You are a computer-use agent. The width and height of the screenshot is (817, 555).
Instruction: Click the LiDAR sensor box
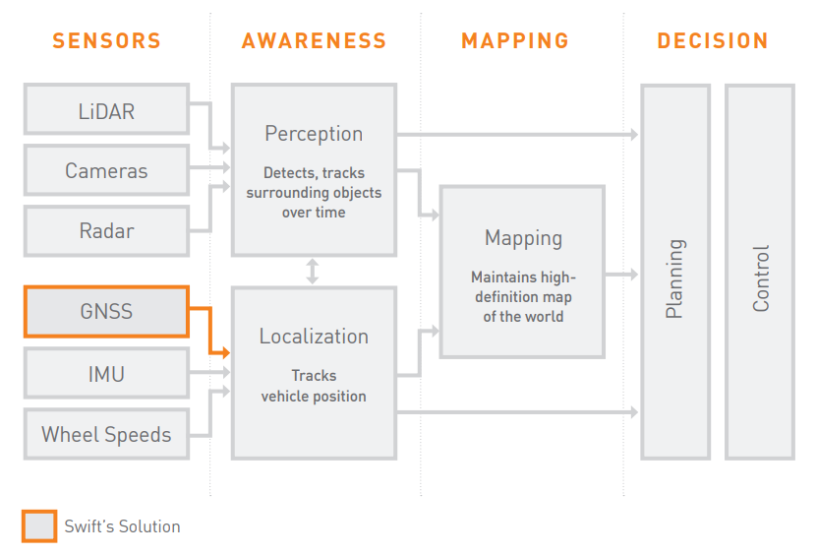click(x=106, y=110)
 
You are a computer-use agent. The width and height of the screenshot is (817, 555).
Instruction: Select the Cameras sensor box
click(x=106, y=170)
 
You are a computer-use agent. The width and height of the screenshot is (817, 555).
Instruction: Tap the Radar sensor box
click(x=106, y=231)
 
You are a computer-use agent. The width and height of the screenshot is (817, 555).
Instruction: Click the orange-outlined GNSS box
click(x=106, y=312)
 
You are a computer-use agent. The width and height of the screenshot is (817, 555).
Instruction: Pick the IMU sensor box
click(x=106, y=374)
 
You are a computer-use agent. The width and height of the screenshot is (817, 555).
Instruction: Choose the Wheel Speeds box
click(x=106, y=434)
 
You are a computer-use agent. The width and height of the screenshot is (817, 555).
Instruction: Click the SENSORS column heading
click(x=106, y=41)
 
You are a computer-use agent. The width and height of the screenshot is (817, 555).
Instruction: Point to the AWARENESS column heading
click(x=314, y=41)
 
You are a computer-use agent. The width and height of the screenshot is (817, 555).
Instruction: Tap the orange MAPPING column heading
click(x=515, y=41)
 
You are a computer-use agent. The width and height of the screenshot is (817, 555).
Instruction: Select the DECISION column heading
click(x=713, y=41)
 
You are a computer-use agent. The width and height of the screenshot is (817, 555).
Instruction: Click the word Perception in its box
click(x=314, y=134)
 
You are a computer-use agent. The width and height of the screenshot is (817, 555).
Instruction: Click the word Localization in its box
click(x=314, y=337)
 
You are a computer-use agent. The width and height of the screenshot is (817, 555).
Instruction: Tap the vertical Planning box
click(x=674, y=273)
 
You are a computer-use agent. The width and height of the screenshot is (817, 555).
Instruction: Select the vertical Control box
click(x=760, y=273)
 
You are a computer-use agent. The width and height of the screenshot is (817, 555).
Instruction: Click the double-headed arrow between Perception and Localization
click(x=313, y=271)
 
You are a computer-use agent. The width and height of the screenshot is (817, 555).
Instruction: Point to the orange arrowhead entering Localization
click(x=226, y=352)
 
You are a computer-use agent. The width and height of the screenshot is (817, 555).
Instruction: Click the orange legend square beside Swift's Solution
click(x=38, y=525)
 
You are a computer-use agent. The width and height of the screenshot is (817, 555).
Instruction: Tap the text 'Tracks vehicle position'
click(x=314, y=386)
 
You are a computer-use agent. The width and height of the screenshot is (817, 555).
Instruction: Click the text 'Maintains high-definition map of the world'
click(x=522, y=297)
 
